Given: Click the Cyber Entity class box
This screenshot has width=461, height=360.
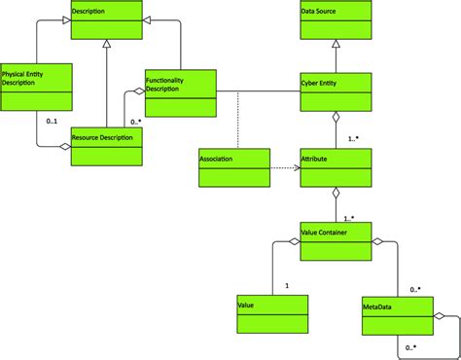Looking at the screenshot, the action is [336, 91].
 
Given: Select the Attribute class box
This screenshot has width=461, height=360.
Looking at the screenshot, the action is [336, 168].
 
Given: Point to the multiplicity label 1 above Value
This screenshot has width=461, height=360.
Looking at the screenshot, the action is [287, 285].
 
